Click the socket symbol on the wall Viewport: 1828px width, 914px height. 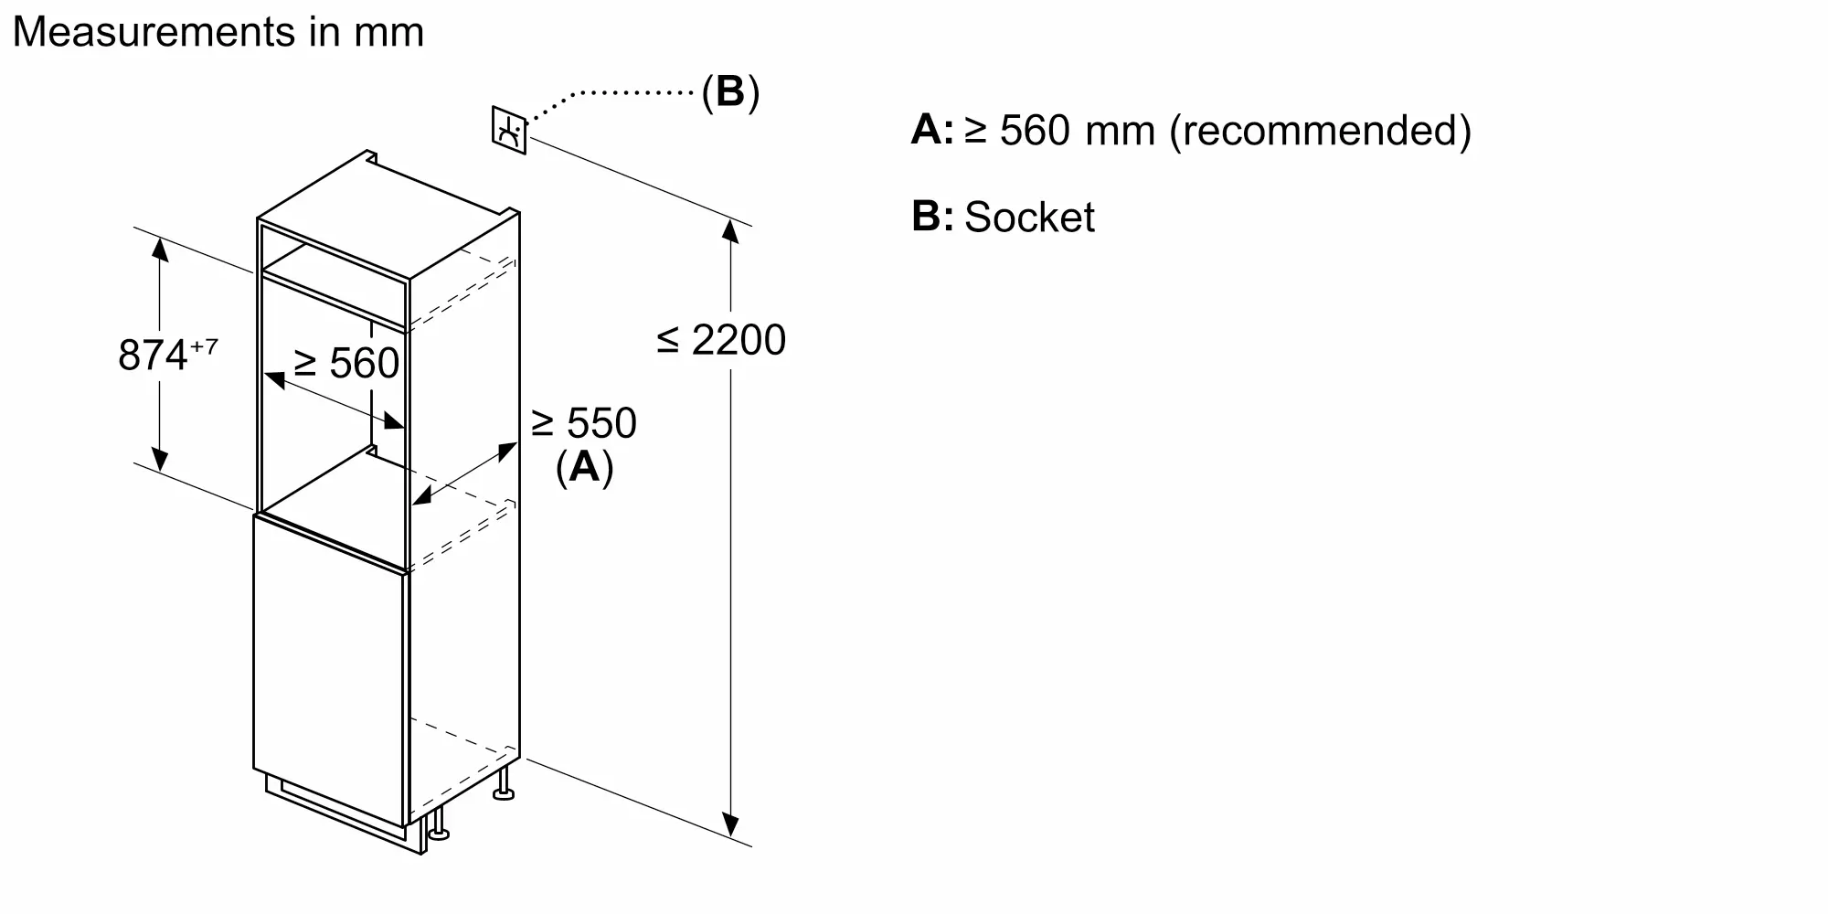509,131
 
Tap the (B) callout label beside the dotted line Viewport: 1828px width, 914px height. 730,92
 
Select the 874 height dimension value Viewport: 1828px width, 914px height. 153,355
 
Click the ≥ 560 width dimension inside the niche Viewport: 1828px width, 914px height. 346,363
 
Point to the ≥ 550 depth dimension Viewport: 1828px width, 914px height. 584,423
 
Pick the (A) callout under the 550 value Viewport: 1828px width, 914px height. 584,467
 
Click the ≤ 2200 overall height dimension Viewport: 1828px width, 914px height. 721,340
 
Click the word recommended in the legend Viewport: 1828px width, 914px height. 1321,130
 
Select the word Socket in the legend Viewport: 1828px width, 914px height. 1029,218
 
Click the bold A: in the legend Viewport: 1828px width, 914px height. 931,130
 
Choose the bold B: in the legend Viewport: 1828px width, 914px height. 931,217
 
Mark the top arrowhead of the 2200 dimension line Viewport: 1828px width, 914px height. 730,230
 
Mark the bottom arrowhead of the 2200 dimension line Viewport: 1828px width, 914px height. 730,825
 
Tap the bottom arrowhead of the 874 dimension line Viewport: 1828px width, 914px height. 160,460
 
